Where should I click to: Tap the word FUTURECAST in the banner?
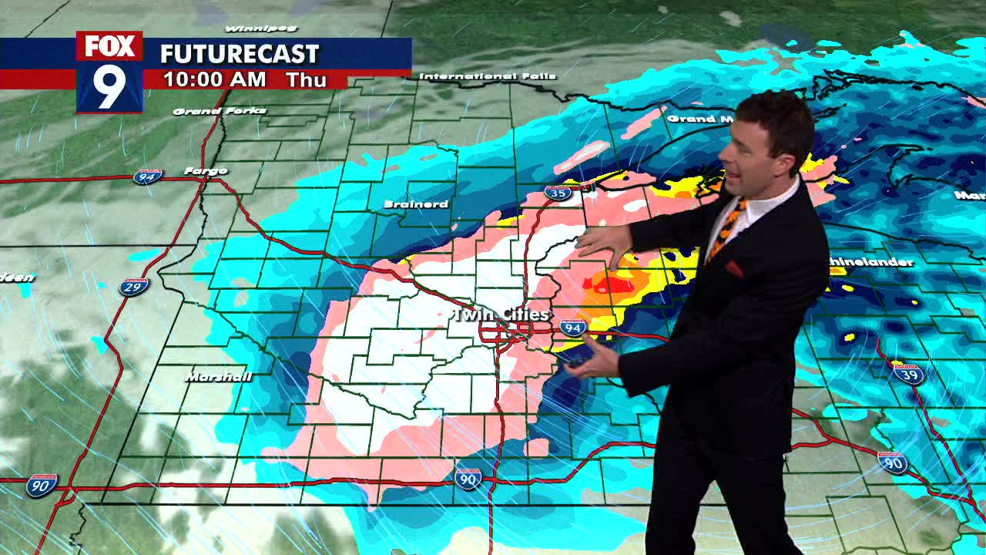coord(239,54)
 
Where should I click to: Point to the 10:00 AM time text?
coord(214,79)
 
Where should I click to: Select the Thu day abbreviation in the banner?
coord(307,79)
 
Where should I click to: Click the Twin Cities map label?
coord(500,314)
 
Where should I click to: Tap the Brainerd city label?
coord(416,204)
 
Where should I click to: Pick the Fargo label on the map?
coord(206,170)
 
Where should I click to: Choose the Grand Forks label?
coord(220,111)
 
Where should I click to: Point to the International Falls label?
coord(478,76)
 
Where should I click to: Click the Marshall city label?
coord(219,377)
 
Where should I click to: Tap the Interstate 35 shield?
coord(557,193)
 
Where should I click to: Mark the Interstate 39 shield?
coord(908,375)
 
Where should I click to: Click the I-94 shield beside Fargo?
coord(148,177)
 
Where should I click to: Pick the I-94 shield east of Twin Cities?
coord(572,328)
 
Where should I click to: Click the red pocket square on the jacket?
coord(734,269)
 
